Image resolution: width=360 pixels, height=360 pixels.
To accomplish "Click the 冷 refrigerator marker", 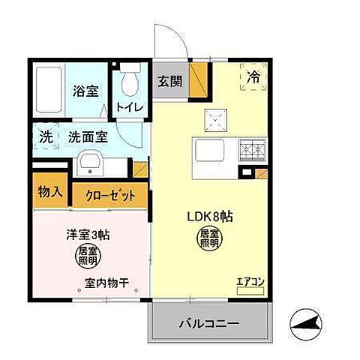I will click(254, 76).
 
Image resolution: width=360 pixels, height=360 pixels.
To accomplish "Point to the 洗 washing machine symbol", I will click(46, 137).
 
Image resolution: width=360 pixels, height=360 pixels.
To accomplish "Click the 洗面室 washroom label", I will click(88, 137).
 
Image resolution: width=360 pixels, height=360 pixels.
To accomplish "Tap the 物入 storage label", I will click(50, 191).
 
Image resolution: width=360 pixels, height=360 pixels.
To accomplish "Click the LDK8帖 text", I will click(211, 217).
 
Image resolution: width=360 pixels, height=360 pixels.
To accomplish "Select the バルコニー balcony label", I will click(208, 325).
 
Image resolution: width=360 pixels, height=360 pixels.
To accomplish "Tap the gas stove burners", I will click(251, 151).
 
